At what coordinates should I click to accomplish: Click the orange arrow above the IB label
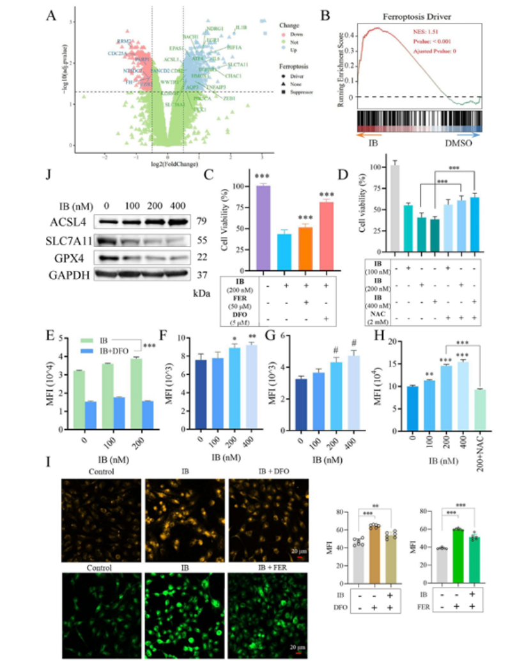click(x=368, y=135)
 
